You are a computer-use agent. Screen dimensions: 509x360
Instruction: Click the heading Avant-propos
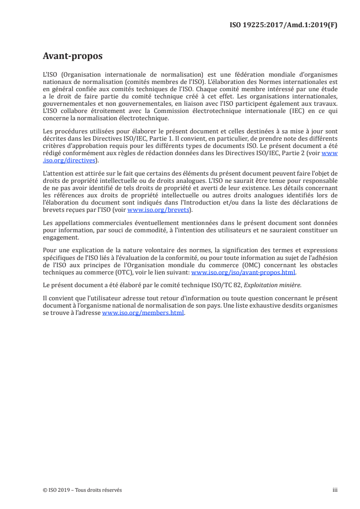tap(73, 56)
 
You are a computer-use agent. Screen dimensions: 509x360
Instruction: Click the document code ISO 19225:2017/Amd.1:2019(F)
tap(284, 25)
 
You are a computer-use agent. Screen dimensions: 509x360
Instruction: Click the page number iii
tap(335, 490)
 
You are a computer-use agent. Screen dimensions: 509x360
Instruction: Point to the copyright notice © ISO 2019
tap(59, 490)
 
